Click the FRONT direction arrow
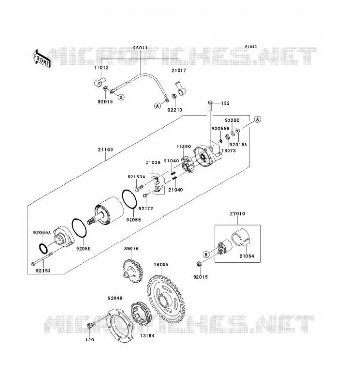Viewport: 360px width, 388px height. pyautogui.click(x=41, y=59)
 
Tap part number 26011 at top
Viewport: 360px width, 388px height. pyautogui.click(x=140, y=48)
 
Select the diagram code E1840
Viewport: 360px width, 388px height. pyautogui.click(x=251, y=47)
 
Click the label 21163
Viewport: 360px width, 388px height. pyautogui.click(x=105, y=150)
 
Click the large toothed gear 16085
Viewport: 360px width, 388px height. pyautogui.click(x=166, y=296)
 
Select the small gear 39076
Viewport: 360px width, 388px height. pyautogui.click(x=133, y=271)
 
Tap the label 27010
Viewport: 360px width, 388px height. pyautogui.click(x=237, y=214)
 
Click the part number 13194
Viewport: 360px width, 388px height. pyautogui.click(x=147, y=336)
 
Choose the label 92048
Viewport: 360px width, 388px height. pyautogui.click(x=115, y=298)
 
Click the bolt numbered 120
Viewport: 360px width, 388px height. pyautogui.click(x=91, y=325)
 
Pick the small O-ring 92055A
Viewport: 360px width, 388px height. pyautogui.click(x=43, y=248)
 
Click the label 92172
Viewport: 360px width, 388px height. pyautogui.click(x=146, y=209)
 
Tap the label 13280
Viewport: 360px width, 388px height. pyautogui.click(x=184, y=147)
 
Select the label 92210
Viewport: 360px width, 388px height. pyautogui.click(x=175, y=110)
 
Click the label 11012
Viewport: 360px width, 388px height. pyautogui.click(x=101, y=68)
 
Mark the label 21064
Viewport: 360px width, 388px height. pyautogui.click(x=247, y=256)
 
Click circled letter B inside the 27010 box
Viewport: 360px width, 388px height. pyautogui.click(x=206, y=254)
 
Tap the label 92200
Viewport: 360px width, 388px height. pyautogui.click(x=232, y=120)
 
